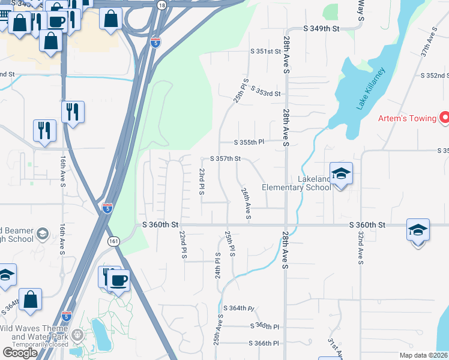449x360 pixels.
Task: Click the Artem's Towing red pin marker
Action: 445,118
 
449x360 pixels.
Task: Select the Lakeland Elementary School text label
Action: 297,183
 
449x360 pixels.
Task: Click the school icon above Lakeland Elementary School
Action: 341,175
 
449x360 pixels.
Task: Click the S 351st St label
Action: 266,52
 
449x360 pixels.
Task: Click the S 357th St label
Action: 225,159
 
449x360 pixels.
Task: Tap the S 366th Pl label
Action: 265,343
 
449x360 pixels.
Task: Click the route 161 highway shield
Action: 113,241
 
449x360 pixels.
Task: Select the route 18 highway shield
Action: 161,5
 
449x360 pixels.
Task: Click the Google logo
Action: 20,353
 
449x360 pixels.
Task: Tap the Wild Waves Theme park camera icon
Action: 76,334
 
